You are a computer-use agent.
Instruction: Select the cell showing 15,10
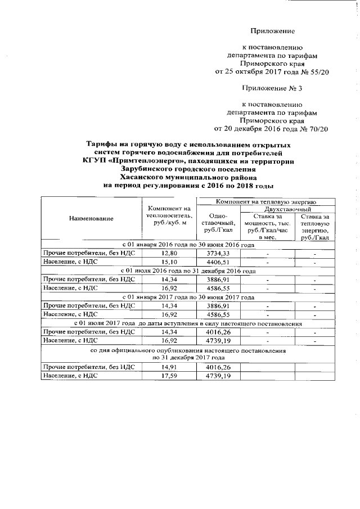point(169,262)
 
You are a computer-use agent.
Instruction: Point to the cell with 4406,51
point(217,262)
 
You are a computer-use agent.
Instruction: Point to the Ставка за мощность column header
point(267,226)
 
